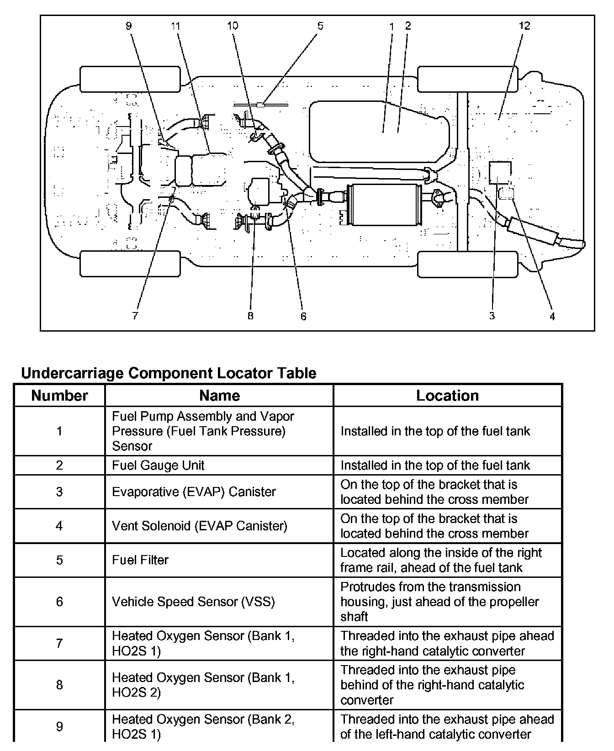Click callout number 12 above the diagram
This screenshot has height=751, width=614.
click(524, 26)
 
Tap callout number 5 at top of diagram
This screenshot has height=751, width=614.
click(320, 26)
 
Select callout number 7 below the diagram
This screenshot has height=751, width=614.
click(135, 316)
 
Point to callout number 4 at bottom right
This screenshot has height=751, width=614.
click(552, 316)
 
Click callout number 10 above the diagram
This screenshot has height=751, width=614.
click(233, 26)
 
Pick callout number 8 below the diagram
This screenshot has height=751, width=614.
click(250, 316)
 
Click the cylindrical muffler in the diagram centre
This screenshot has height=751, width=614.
click(383, 205)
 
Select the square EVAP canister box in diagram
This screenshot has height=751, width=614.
click(500, 172)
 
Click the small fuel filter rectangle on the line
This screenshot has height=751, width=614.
click(260, 105)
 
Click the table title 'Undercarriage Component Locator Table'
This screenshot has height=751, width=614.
click(169, 373)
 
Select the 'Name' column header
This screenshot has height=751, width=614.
click(219, 396)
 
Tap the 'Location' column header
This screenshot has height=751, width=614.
click(447, 396)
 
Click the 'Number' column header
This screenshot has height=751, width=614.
click(59, 396)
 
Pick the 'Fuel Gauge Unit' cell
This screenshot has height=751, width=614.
click(158, 465)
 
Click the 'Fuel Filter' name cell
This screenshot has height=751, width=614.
click(140, 560)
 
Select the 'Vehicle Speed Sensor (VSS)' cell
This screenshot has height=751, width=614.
click(193, 602)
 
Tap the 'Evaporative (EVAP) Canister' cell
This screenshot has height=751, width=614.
click(194, 492)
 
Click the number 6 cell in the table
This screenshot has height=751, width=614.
click(59, 602)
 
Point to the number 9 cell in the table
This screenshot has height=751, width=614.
click(59, 726)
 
